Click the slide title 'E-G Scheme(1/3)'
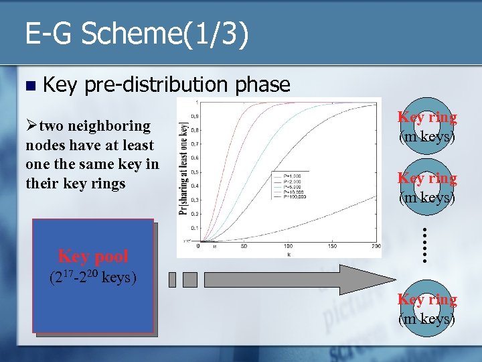[137, 34]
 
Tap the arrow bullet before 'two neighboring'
[31, 126]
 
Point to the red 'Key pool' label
[93, 255]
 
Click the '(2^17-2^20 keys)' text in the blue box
[93, 277]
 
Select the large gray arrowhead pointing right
[375, 279]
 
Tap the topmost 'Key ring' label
[427, 117]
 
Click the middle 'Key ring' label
[427, 178]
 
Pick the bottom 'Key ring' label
[427, 300]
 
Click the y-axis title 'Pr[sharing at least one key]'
[183, 168]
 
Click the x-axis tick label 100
[288, 247]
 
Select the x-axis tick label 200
[376, 247]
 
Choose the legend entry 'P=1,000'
[287, 176]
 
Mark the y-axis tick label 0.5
[193, 172]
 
